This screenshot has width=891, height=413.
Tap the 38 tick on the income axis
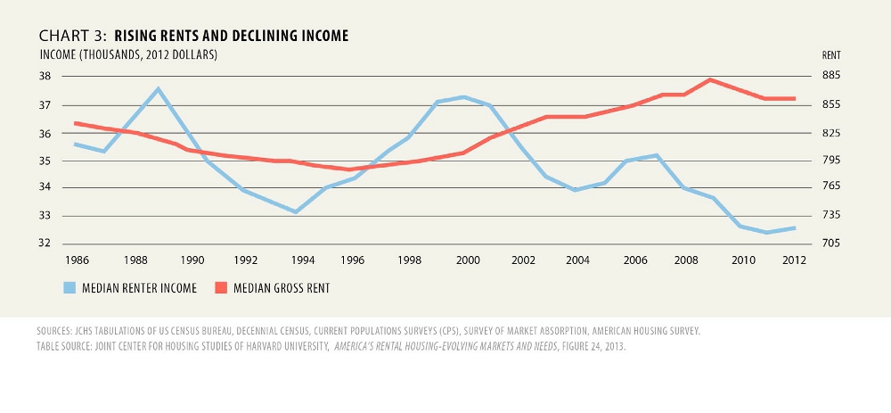pos(45,77)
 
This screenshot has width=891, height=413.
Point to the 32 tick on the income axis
pos(45,244)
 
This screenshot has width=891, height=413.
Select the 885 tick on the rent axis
pos(830,77)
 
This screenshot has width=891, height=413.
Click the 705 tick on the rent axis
pos(830,244)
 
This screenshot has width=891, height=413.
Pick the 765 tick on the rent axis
pos(830,187)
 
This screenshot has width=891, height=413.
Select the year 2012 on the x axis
pos(794,260)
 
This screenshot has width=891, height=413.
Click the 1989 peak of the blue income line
pos(158,89)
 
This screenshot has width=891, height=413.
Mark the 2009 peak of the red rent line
pos(710,79)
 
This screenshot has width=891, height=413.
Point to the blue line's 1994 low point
pos(296,211)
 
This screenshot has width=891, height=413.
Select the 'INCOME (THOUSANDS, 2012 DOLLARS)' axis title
pos(128,55)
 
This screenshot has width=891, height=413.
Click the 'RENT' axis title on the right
pos(830,55)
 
